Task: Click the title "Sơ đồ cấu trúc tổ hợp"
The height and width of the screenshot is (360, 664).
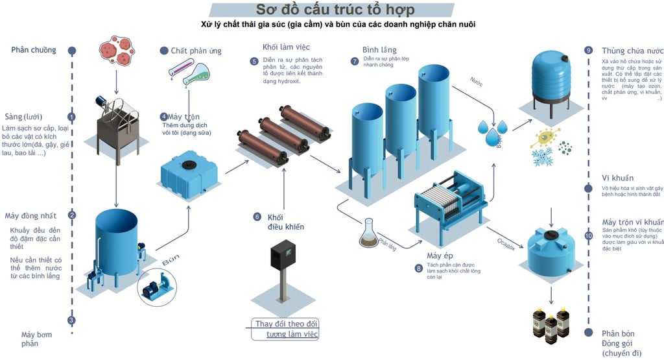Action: [x=335, y=10]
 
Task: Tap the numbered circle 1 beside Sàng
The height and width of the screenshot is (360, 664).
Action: [x=72, y=117]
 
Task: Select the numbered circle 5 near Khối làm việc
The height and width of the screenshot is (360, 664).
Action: [x=254, y=62]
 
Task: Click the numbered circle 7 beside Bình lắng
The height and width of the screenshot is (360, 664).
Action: [x=354, y=62]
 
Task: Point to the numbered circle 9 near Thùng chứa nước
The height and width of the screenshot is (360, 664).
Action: [x=589, y=50]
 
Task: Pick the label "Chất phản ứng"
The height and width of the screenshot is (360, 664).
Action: [x=196, y=51]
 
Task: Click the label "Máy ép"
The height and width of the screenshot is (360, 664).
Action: [x=439, y=255]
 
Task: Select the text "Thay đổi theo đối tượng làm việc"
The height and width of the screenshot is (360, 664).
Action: [x=285, y=329]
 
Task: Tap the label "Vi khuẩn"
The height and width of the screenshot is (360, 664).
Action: [x=617, y=178]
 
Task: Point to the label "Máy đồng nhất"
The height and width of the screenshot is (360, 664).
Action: [x=30, y=215]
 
